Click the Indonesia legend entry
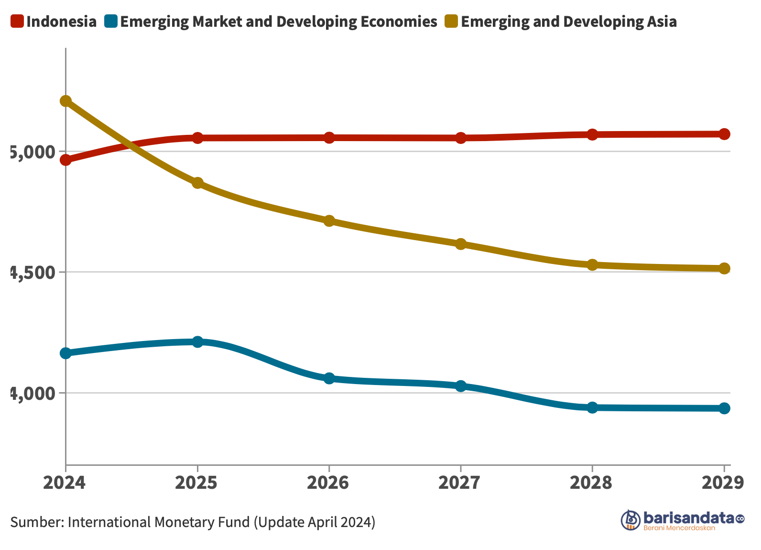[x=54, y=22]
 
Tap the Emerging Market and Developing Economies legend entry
[x=271, y=22]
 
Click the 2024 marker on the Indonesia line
[x=65, y=160]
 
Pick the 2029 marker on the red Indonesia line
[x=724, y=134]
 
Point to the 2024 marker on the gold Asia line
[x=65, y=101]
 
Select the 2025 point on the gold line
[x=197, y=183]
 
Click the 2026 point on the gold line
[x=329, y=220]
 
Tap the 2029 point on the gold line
[x=724, y=268]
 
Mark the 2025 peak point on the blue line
[x=197, y=341]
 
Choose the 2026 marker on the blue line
[x=329, y=378]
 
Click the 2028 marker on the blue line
[x=592, y=407]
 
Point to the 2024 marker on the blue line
[x=65, y=353]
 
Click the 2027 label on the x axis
[x=460, y=483]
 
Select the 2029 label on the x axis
[x=722, y=483]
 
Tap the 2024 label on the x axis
[x=65, y=483]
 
